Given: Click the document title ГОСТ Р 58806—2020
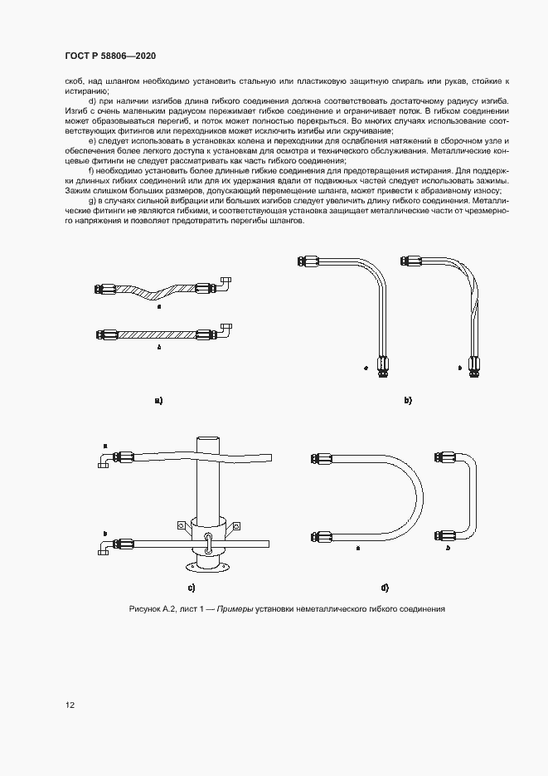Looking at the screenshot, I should click(x=110, y=56).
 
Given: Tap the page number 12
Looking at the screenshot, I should click(x=70, y=705).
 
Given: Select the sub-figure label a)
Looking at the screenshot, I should click(x=158, y=400).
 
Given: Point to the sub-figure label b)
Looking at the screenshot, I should click(x=407, y=400).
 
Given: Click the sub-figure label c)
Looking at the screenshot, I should click(x=191, y=588).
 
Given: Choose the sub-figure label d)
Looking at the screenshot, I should click(x=385, y=588).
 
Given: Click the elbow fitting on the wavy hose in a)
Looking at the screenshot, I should click(x=225, y=285).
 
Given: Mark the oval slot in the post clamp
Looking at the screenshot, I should click(x=208, y=542).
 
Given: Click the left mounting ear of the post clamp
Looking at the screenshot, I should click(x=179, y=525).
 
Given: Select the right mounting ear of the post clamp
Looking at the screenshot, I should click(x=236, y=525).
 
